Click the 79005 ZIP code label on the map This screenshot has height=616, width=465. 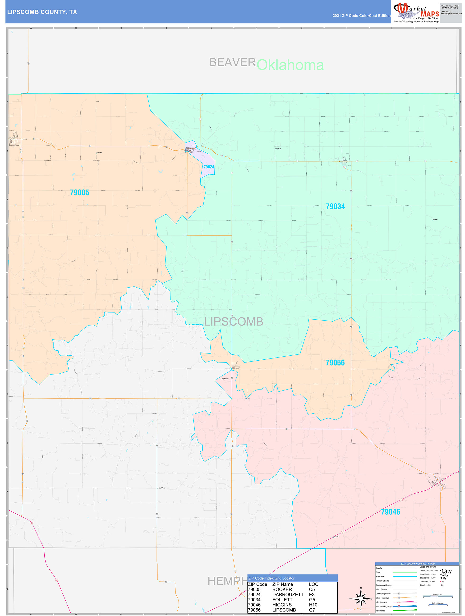pyautogui.click(x=79, y=193)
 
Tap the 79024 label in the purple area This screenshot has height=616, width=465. pyautogui.click(x=209, y=167)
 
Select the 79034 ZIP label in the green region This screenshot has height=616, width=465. pyautogui.click(x=335, y=207)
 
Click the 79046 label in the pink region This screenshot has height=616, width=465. pyautogui.click(x=391, y=512)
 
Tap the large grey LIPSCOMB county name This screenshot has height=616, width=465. pyautogui.click(x=234, y=322)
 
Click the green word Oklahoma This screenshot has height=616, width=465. pyautogui.click(x=290, y=65)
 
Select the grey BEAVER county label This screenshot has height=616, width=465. pyautogui.click(x=232, y=62)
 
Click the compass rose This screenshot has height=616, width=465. pyautogui.click(x=361, y=599)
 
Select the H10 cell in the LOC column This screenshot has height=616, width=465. pyautogui.click(x=313, y=605)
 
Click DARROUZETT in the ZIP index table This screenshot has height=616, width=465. pyautogui.click(x=288, y=594)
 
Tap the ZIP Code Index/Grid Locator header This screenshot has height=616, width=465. pyautogui.click(x=271, y=578)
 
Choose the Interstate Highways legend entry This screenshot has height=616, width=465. pyautogui.click(x=384, y=606)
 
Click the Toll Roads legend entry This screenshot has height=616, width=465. pyautogui.click(x=380, y=611)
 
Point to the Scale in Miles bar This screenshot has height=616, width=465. pyautogui.click(x=438, y=596)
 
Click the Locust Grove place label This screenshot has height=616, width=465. pyautogui.click(x=162, y=488)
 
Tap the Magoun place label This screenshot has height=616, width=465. pyautogui.click(x=435, y=219)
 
